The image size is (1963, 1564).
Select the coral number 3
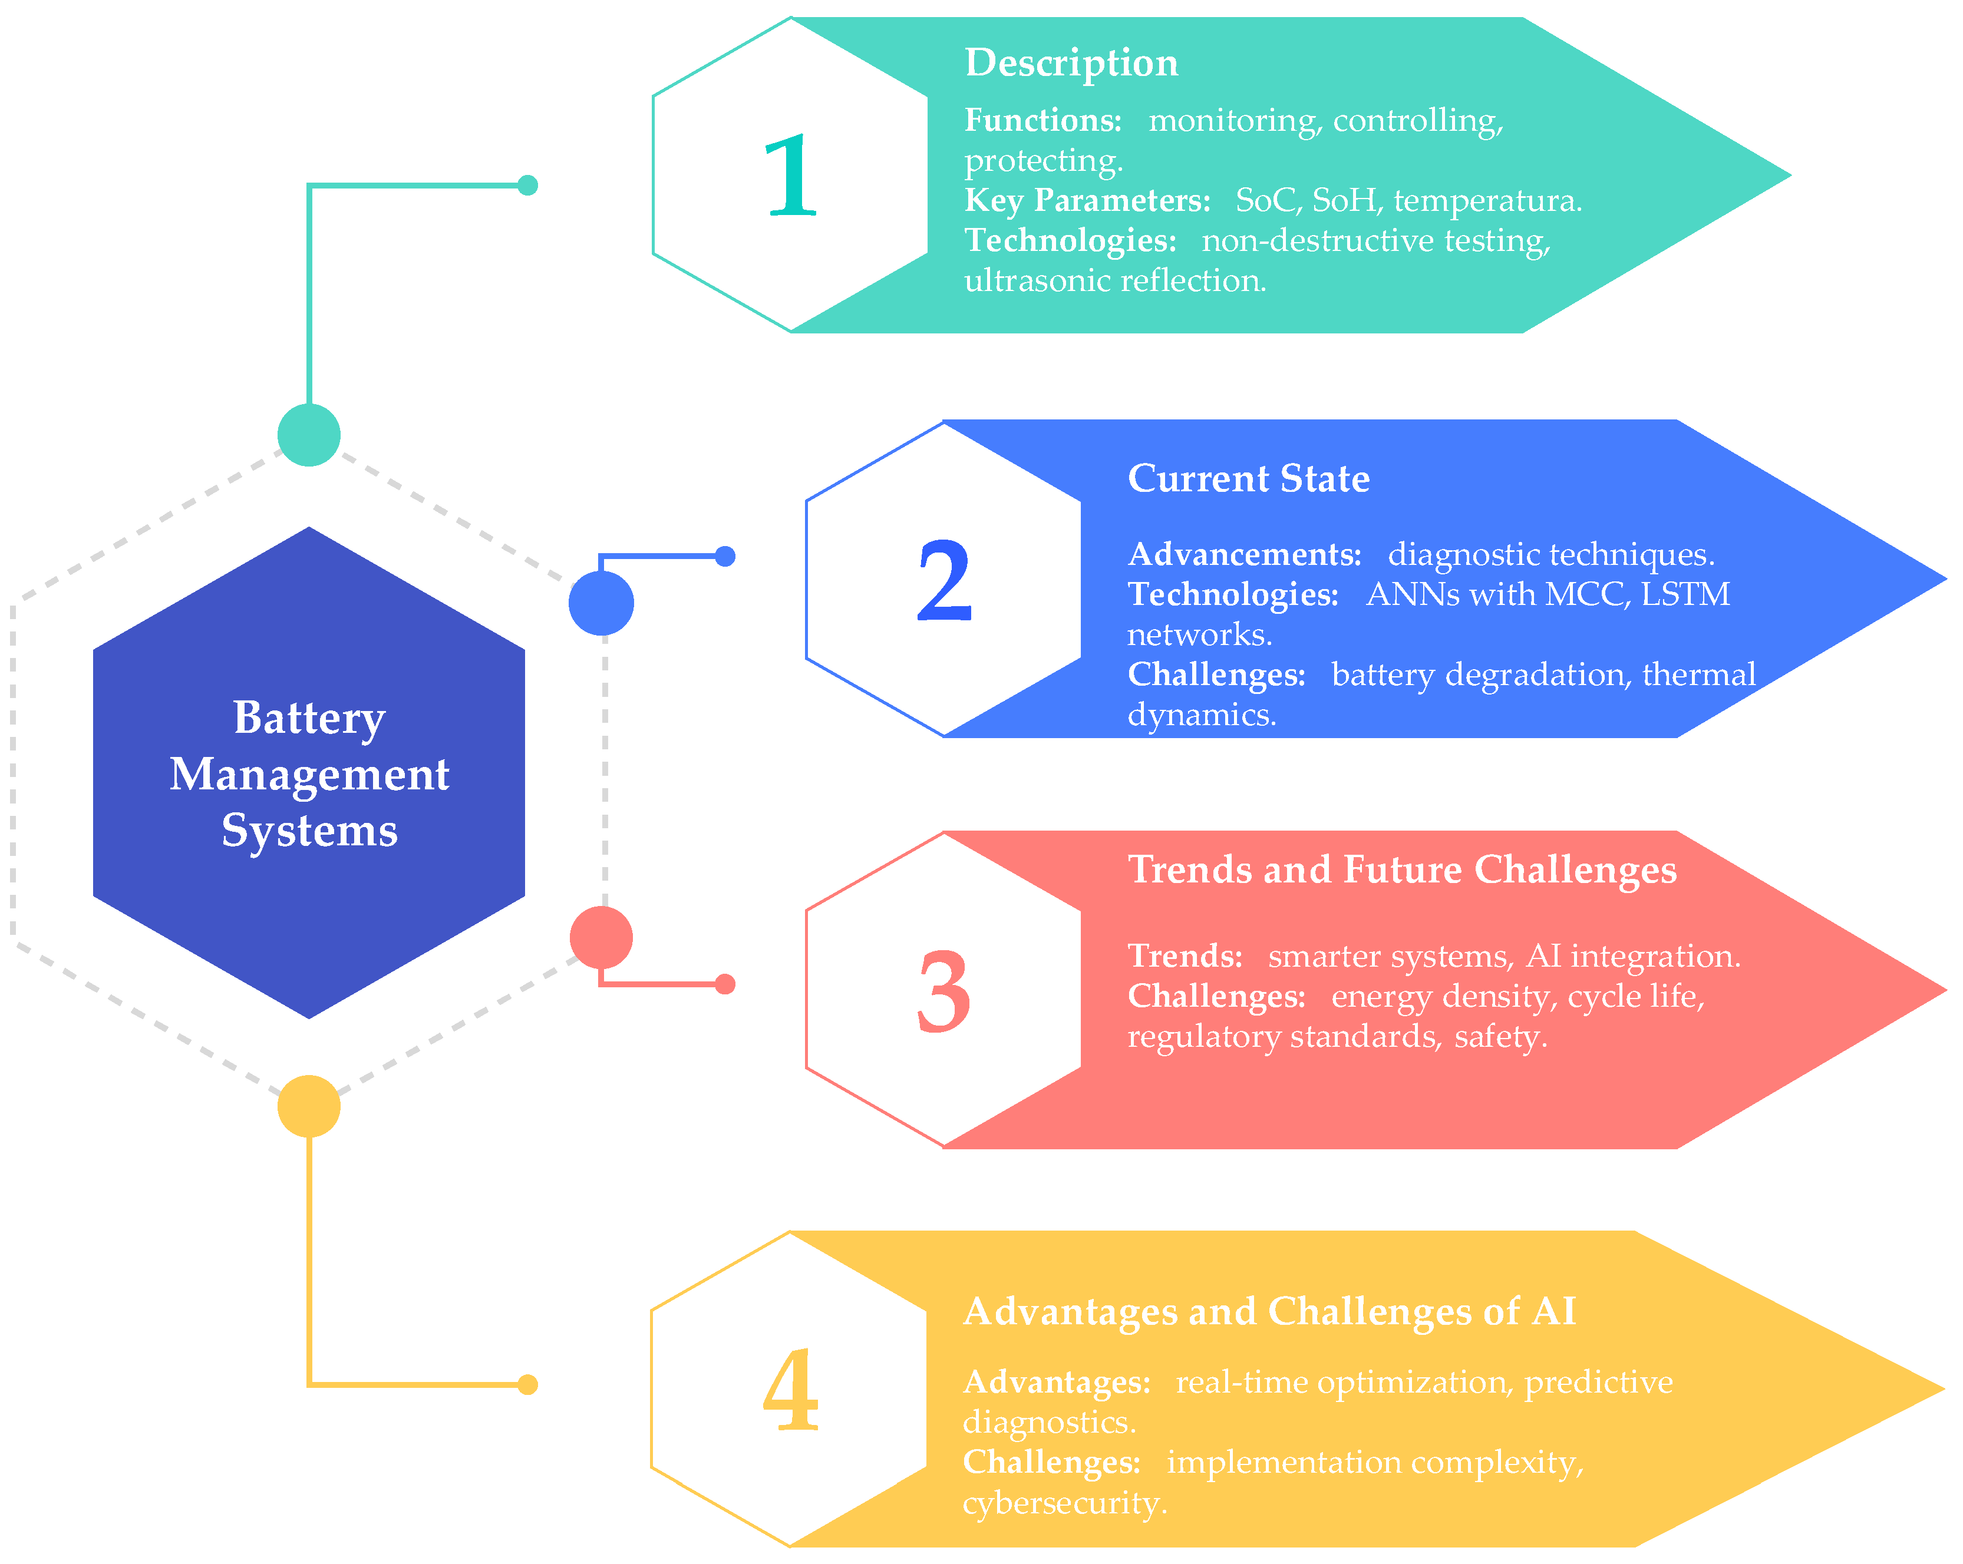[x=943, y=991]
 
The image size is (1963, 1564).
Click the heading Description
[x=1071, y=63]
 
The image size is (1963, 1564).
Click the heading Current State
[x=1248, y=479]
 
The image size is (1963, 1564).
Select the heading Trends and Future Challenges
[x=1401, y=869]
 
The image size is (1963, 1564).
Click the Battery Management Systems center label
[x=309, y=774]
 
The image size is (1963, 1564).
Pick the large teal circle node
[x=309, y=435]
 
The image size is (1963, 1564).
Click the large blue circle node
[x=601, y=603]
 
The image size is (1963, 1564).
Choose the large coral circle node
[x=601, y=938]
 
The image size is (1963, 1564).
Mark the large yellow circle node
[x=309, y=1106]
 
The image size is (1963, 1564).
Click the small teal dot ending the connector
[x=527, y=186]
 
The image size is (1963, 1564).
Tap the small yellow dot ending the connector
[x=527, y=1385]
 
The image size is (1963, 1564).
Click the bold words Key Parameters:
[x=1087, y=200]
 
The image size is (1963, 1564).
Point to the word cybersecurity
[x=1064, y=1502]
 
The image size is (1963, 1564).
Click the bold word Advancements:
[x=1243, y=554]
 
